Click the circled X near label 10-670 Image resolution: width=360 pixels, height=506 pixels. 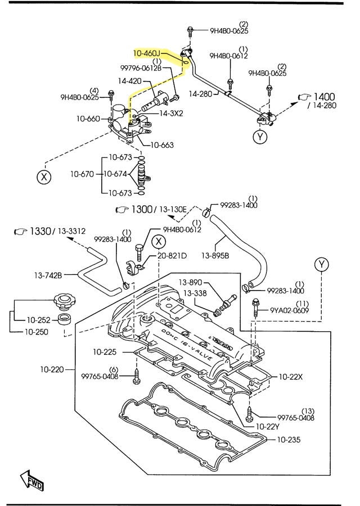coord(43,177)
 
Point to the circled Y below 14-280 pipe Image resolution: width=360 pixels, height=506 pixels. coord(259,137)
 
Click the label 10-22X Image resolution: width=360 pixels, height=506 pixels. coord(290,376)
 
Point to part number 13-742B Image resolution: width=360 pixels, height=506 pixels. coord(47,275)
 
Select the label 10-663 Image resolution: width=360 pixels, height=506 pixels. coord(161,144)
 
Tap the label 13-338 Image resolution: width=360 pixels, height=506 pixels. coord(190,292)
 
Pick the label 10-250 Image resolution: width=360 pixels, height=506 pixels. coord(36,332)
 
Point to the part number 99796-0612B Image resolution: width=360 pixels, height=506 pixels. coord(141,68)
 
